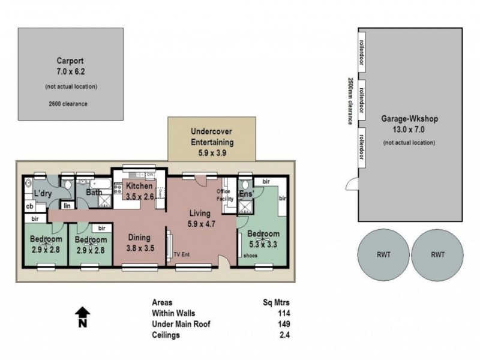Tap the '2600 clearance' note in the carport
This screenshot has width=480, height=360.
[x=68, y=103]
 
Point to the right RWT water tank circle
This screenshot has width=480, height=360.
[x=437, y=254]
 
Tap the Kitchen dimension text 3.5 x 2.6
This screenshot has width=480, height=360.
[x=140, y=196]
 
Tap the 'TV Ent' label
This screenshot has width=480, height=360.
[x=182, y=253]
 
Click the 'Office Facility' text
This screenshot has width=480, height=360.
[x=224, y=194]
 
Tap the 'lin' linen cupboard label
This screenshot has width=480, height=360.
[x=68, y=206]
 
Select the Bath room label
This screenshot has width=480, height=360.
[x=94, y=193]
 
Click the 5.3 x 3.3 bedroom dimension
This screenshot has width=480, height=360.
[x=263, y=244]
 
